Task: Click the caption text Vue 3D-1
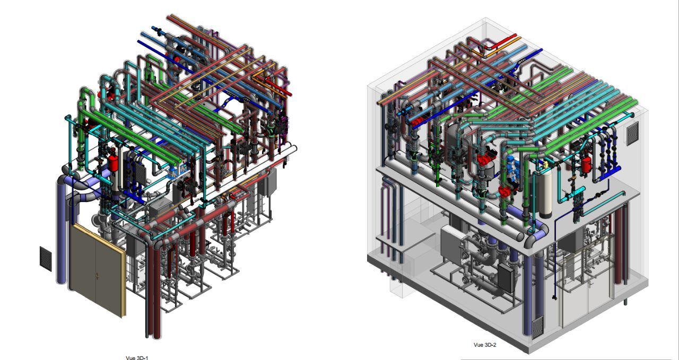(x=137, y=358)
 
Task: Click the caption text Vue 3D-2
(x=485, y=345)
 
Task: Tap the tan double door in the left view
(x=97, y=270)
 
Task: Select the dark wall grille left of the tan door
(x=46, y=259)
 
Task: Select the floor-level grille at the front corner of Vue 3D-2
(x=538, y=328)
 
